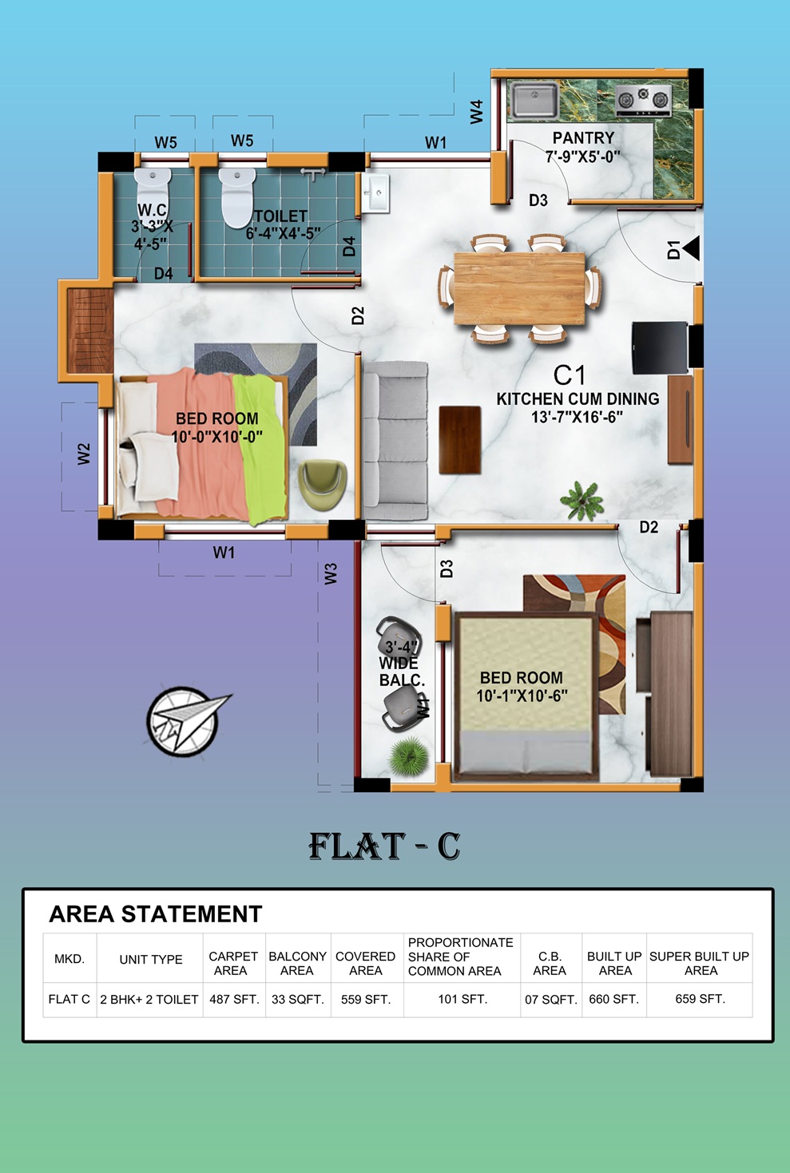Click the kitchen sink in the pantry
point(534,100)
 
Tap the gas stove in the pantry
point(643,100)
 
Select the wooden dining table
point(519,288)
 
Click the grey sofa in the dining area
point(395,441)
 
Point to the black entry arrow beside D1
point(691,248)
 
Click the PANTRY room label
point(583,137)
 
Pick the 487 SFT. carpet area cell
point(234,999)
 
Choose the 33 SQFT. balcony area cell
point(298,999)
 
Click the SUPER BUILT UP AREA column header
point(700,963)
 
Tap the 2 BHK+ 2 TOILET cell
point(149,999)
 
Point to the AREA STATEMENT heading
point(155,914)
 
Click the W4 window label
point(476,112)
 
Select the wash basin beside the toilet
point(375,193)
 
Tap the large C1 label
point(569,375)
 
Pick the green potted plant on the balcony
point(409,756)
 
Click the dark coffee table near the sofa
point(460,440)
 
